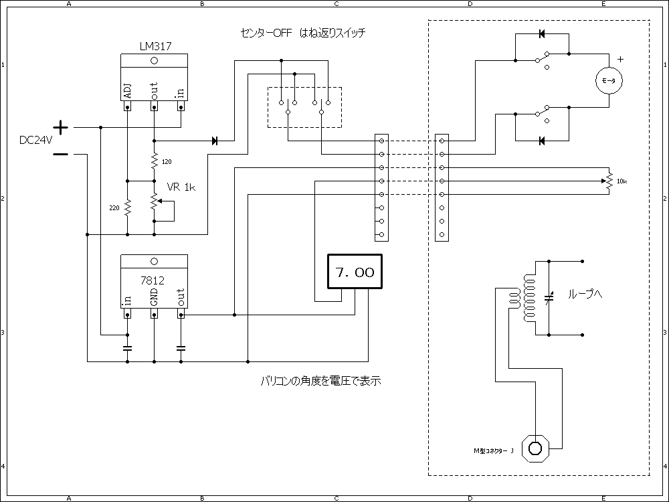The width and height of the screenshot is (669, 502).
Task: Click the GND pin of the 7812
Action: click(x=154, y=298)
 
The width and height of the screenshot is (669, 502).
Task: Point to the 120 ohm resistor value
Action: click(x=167, y=161)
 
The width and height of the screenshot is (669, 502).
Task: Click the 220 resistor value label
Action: click(x=114, y=208)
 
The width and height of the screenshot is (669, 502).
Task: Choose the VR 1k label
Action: click(x=181, y=187)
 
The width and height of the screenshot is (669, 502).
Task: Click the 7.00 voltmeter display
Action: click(x=355, y=272)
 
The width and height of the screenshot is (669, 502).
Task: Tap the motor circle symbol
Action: click(x=609, y=80)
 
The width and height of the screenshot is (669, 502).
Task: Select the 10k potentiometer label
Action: click(x=622, y=181)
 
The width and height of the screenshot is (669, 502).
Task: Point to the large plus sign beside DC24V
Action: click(x=60, y=127)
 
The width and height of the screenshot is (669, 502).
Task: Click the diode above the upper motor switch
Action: click(x=542, y=33)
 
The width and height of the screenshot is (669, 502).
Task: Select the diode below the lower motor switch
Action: click(x=542, y=141)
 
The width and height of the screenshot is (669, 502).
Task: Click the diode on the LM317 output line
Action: click(x=215, y=141)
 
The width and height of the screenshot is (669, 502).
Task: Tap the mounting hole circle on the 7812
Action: click(x=154, y=261)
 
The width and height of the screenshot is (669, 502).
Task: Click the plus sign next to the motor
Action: click(x=620, y=59)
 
